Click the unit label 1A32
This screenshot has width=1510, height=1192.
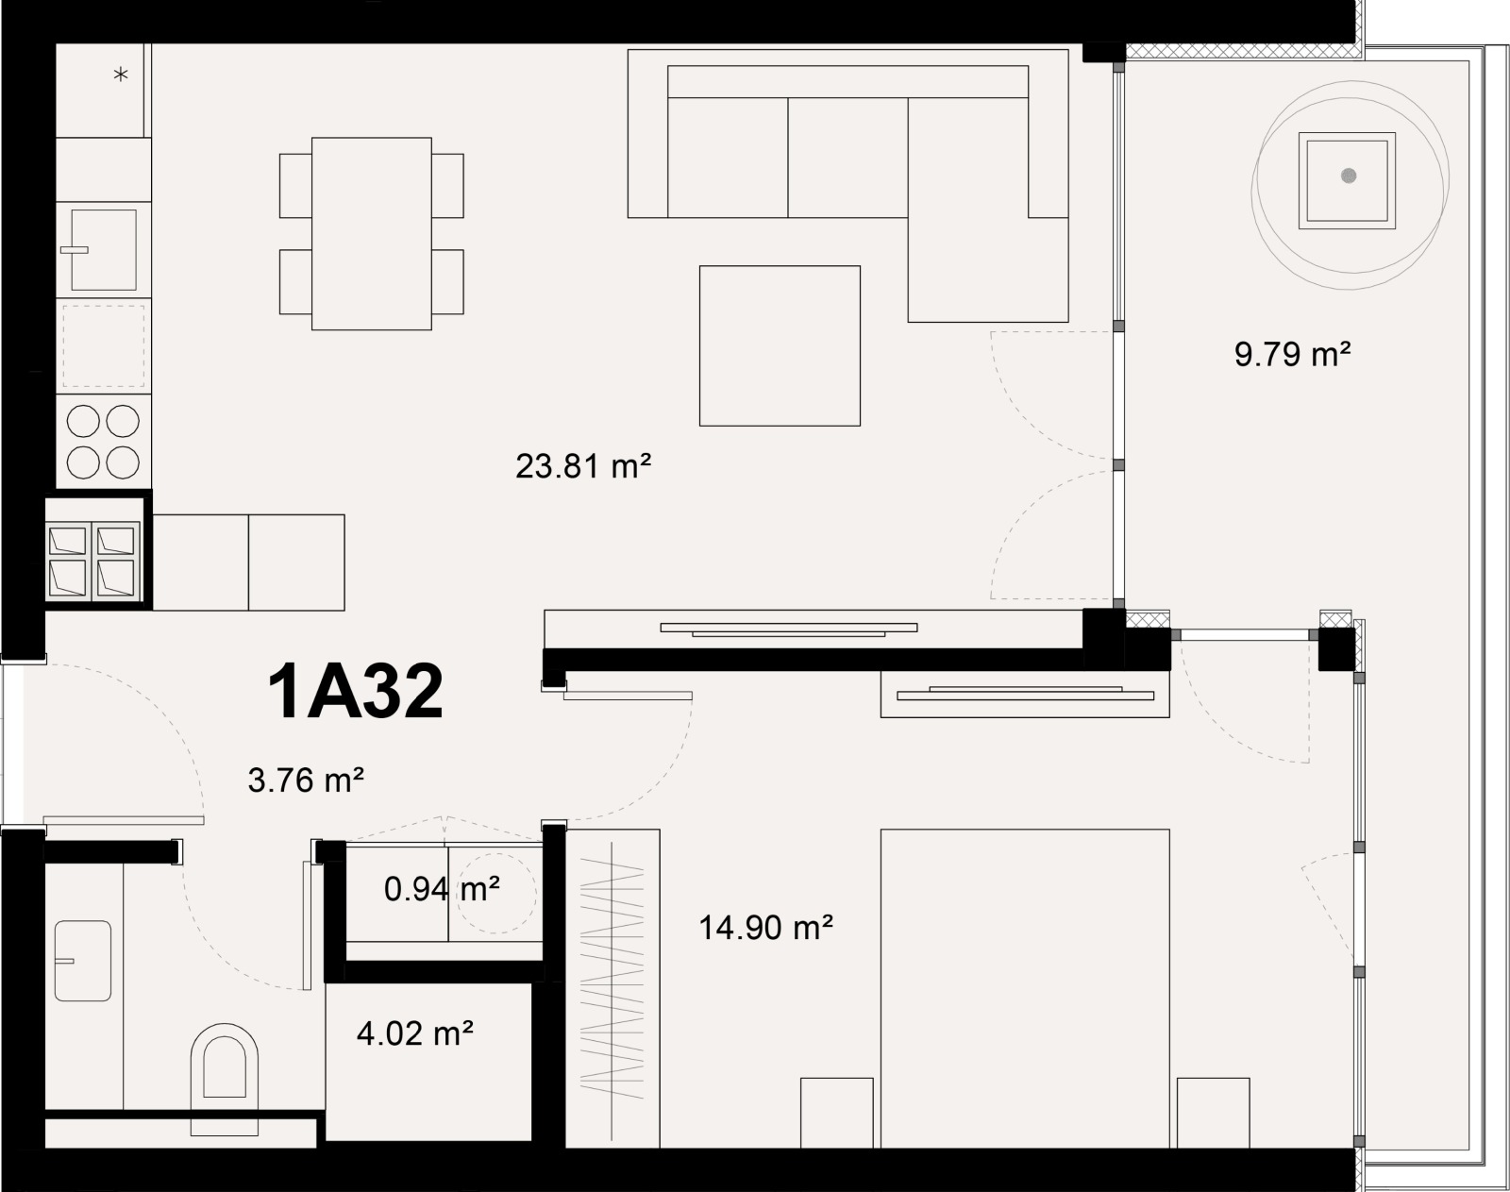coord(356,692)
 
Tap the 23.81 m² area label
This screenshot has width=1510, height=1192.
coord(583,466)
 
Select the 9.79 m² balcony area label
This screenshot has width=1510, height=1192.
coord(1292,355)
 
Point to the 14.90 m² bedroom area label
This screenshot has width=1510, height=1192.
coord(765,928)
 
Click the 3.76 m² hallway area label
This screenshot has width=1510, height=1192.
coord(306,781)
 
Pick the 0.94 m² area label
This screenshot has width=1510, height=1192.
coord(442,889)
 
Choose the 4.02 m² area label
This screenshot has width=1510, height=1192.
coord(414,1033)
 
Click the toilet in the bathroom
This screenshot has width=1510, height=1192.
coord(224,1076)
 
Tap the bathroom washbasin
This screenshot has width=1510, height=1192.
coord(83,961)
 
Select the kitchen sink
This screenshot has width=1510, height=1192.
coord(103,250)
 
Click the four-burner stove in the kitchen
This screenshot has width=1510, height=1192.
coord(103,441)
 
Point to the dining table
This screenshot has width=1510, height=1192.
coord(372,233)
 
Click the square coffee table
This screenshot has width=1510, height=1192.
coord(780,345)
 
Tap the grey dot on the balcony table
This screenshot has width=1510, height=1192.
coord(1349,176)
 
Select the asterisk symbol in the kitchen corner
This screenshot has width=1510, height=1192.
coord(121,75)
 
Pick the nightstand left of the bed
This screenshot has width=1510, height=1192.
coord(837,1113)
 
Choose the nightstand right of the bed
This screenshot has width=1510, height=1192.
coord(1214,1113)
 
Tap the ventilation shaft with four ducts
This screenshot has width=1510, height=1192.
coord(93,561)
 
